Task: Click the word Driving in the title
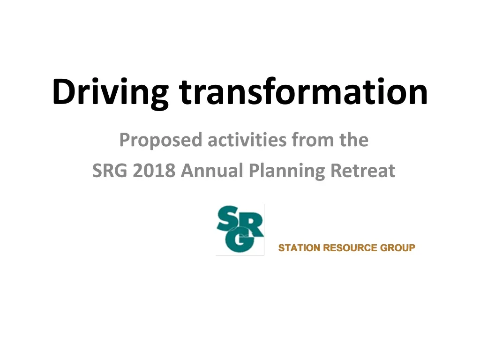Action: click(110, 92)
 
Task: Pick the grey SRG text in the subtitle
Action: click(110, 171)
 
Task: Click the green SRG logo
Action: click(240, 230)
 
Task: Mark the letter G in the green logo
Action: click(240, 241)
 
